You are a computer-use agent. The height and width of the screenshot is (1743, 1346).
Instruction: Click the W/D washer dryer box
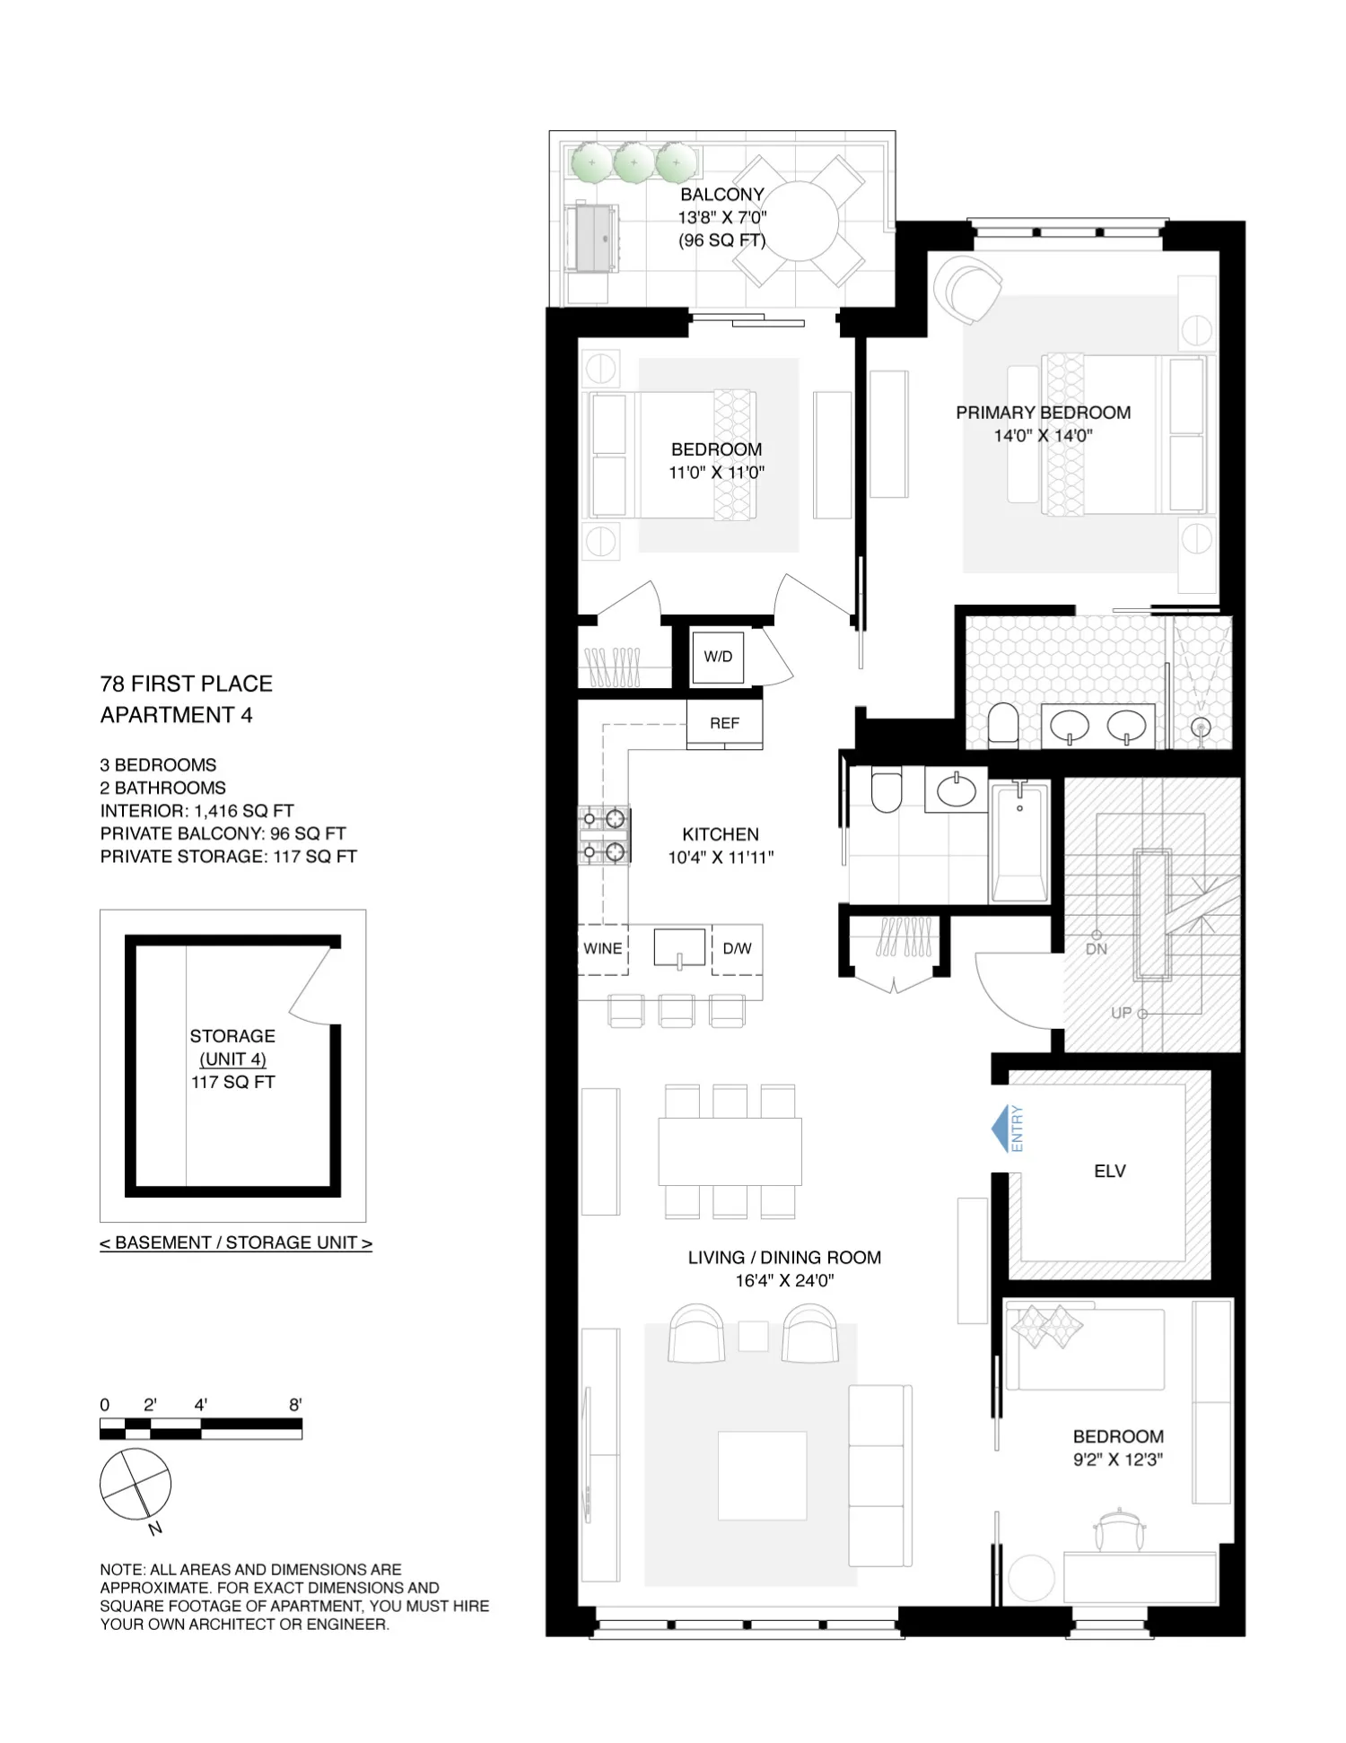tap(718, 657)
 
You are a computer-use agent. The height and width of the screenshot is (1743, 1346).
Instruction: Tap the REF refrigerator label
tap(724, 723)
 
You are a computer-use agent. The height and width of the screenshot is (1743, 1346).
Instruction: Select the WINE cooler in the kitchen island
tap(602, 949)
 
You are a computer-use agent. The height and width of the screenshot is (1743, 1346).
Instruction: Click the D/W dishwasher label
tap(737, 949)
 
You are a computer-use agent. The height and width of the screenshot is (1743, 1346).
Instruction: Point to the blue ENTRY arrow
tap(1001, 1129)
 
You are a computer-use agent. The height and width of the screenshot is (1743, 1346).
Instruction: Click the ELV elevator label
tap(1109, 1172)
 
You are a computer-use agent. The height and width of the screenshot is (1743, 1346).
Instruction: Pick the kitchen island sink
tap(679, 947)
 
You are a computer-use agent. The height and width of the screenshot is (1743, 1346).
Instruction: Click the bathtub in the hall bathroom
tap(1019, 842)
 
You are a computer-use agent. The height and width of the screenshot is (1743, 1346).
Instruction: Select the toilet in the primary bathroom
tap(1002, 725)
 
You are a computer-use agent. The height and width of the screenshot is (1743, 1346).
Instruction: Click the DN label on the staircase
tap(1096, 949)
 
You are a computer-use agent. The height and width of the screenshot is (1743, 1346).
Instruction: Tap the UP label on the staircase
tap(1121, 1013)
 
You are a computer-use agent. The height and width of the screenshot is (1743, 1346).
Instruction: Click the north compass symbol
tap(135, 1485)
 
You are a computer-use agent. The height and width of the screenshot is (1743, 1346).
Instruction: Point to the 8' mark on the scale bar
tap(295, 1405)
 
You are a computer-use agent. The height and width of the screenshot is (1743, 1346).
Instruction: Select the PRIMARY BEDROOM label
tap(1043, 413)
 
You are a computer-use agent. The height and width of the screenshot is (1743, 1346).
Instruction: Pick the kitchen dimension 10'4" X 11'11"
tap(721, 858)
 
